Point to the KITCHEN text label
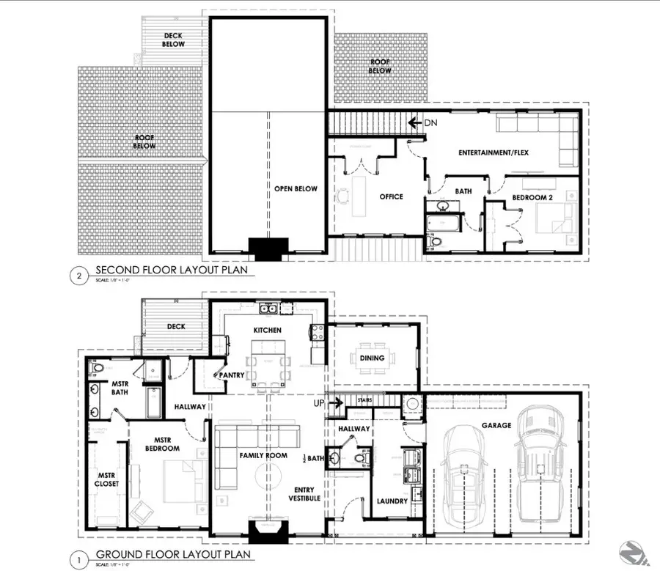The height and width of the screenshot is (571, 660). coord(268,331)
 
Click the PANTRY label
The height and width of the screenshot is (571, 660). coord(231,375)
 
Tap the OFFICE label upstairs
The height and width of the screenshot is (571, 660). coord(391,196)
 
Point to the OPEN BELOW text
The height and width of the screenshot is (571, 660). coord(296,189)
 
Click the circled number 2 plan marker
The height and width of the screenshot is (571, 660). coord(78,276)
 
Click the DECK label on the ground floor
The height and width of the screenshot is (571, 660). coord(176,327)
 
